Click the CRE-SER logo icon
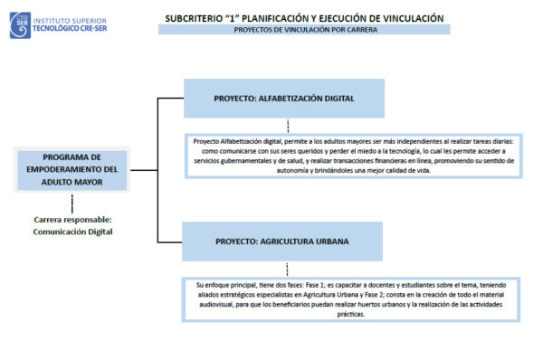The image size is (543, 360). pyautogui.click(x=20, y=24)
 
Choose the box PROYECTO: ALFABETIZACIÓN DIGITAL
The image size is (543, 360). pyautogui.click(x=284, y=98)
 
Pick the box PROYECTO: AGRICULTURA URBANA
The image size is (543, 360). pyautogui.click(x=284, y=242)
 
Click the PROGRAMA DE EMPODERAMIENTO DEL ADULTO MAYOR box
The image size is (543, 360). pyautogui.click(x=72, y=169)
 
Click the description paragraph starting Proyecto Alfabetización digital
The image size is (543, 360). pyautogui.click(x=354, y=156)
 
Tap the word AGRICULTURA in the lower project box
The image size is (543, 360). pyautogui.click(x=294, y=242)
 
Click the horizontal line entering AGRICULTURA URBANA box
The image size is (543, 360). pyautogui.click(x=171, y=242)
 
